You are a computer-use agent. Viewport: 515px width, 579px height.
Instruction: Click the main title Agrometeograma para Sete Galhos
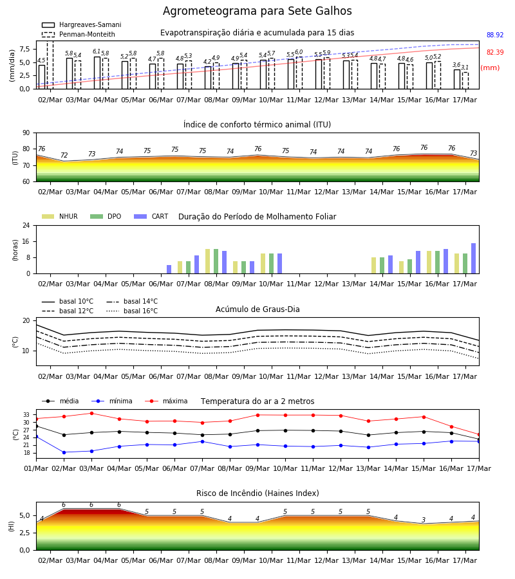[257, 11]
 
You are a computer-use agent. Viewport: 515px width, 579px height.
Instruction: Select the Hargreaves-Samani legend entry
[81, 24]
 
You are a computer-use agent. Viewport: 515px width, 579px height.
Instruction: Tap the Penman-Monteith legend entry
[79, 34]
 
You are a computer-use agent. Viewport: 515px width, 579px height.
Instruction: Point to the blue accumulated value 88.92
[495, 35]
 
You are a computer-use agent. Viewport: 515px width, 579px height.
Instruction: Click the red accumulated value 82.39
[495, 53]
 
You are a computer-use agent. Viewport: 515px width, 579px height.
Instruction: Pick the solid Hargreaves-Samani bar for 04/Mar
[97, 73]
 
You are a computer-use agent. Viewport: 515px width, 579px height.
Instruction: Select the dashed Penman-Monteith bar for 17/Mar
[465, 80]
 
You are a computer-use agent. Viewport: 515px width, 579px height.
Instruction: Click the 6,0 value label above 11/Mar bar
[299, 52]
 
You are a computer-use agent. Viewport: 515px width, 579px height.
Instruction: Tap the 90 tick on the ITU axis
[26, 133]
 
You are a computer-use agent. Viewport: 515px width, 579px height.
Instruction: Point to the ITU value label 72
[64, 155]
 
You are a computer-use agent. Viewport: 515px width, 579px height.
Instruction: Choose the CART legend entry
[151, 216]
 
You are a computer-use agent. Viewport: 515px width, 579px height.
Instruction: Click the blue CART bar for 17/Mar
[474, 259]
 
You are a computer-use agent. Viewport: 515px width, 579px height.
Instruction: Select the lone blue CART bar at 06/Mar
[169, 270]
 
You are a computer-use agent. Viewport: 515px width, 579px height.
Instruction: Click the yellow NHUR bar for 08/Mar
[208, 261]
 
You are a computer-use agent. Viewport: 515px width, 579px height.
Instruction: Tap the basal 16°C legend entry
[132, 311]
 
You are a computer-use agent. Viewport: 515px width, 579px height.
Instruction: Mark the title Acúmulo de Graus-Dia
[257, 309]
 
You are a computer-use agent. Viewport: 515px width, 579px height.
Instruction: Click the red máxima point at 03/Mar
[91, 413]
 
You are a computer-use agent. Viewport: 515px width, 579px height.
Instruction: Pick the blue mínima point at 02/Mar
[64, 452]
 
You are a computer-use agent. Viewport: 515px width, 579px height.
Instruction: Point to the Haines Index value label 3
[424, 520]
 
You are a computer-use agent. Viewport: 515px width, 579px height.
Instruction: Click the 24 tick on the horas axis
[26, 225]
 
